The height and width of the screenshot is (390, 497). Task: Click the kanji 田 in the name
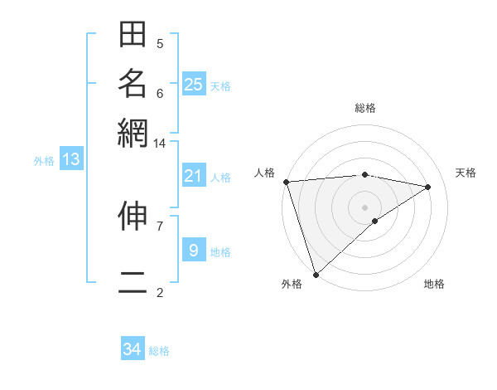tap(133, 35)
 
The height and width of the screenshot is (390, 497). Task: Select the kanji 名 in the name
tap(133, 84)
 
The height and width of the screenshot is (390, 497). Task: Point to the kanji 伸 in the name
tap(133, 217)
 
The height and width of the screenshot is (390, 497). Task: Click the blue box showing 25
tap(194, 84)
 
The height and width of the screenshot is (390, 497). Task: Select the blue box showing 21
tap(194, 176)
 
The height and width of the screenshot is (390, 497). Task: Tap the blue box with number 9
tap(194, 250)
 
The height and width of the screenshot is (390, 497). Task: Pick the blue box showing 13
tap(71, 159)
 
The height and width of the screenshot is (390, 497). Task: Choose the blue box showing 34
tap(133, 349)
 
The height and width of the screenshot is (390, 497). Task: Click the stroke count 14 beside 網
tap(159, 143)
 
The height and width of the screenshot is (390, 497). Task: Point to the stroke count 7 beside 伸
tap(160, 225)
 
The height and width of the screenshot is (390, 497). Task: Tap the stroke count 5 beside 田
tap(160, 44)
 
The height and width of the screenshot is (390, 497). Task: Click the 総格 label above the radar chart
tap(365, 108)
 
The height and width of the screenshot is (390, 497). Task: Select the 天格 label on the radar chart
tap(466, 173)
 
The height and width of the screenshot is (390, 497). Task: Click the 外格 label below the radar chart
tap(292, 284)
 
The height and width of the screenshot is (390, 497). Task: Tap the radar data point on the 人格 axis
tap(286, 182)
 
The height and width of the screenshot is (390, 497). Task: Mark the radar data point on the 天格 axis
tap(428, 187)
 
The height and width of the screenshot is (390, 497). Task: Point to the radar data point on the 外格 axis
tap(316, 274)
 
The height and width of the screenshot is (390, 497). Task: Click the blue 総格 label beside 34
tap(160, 351)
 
